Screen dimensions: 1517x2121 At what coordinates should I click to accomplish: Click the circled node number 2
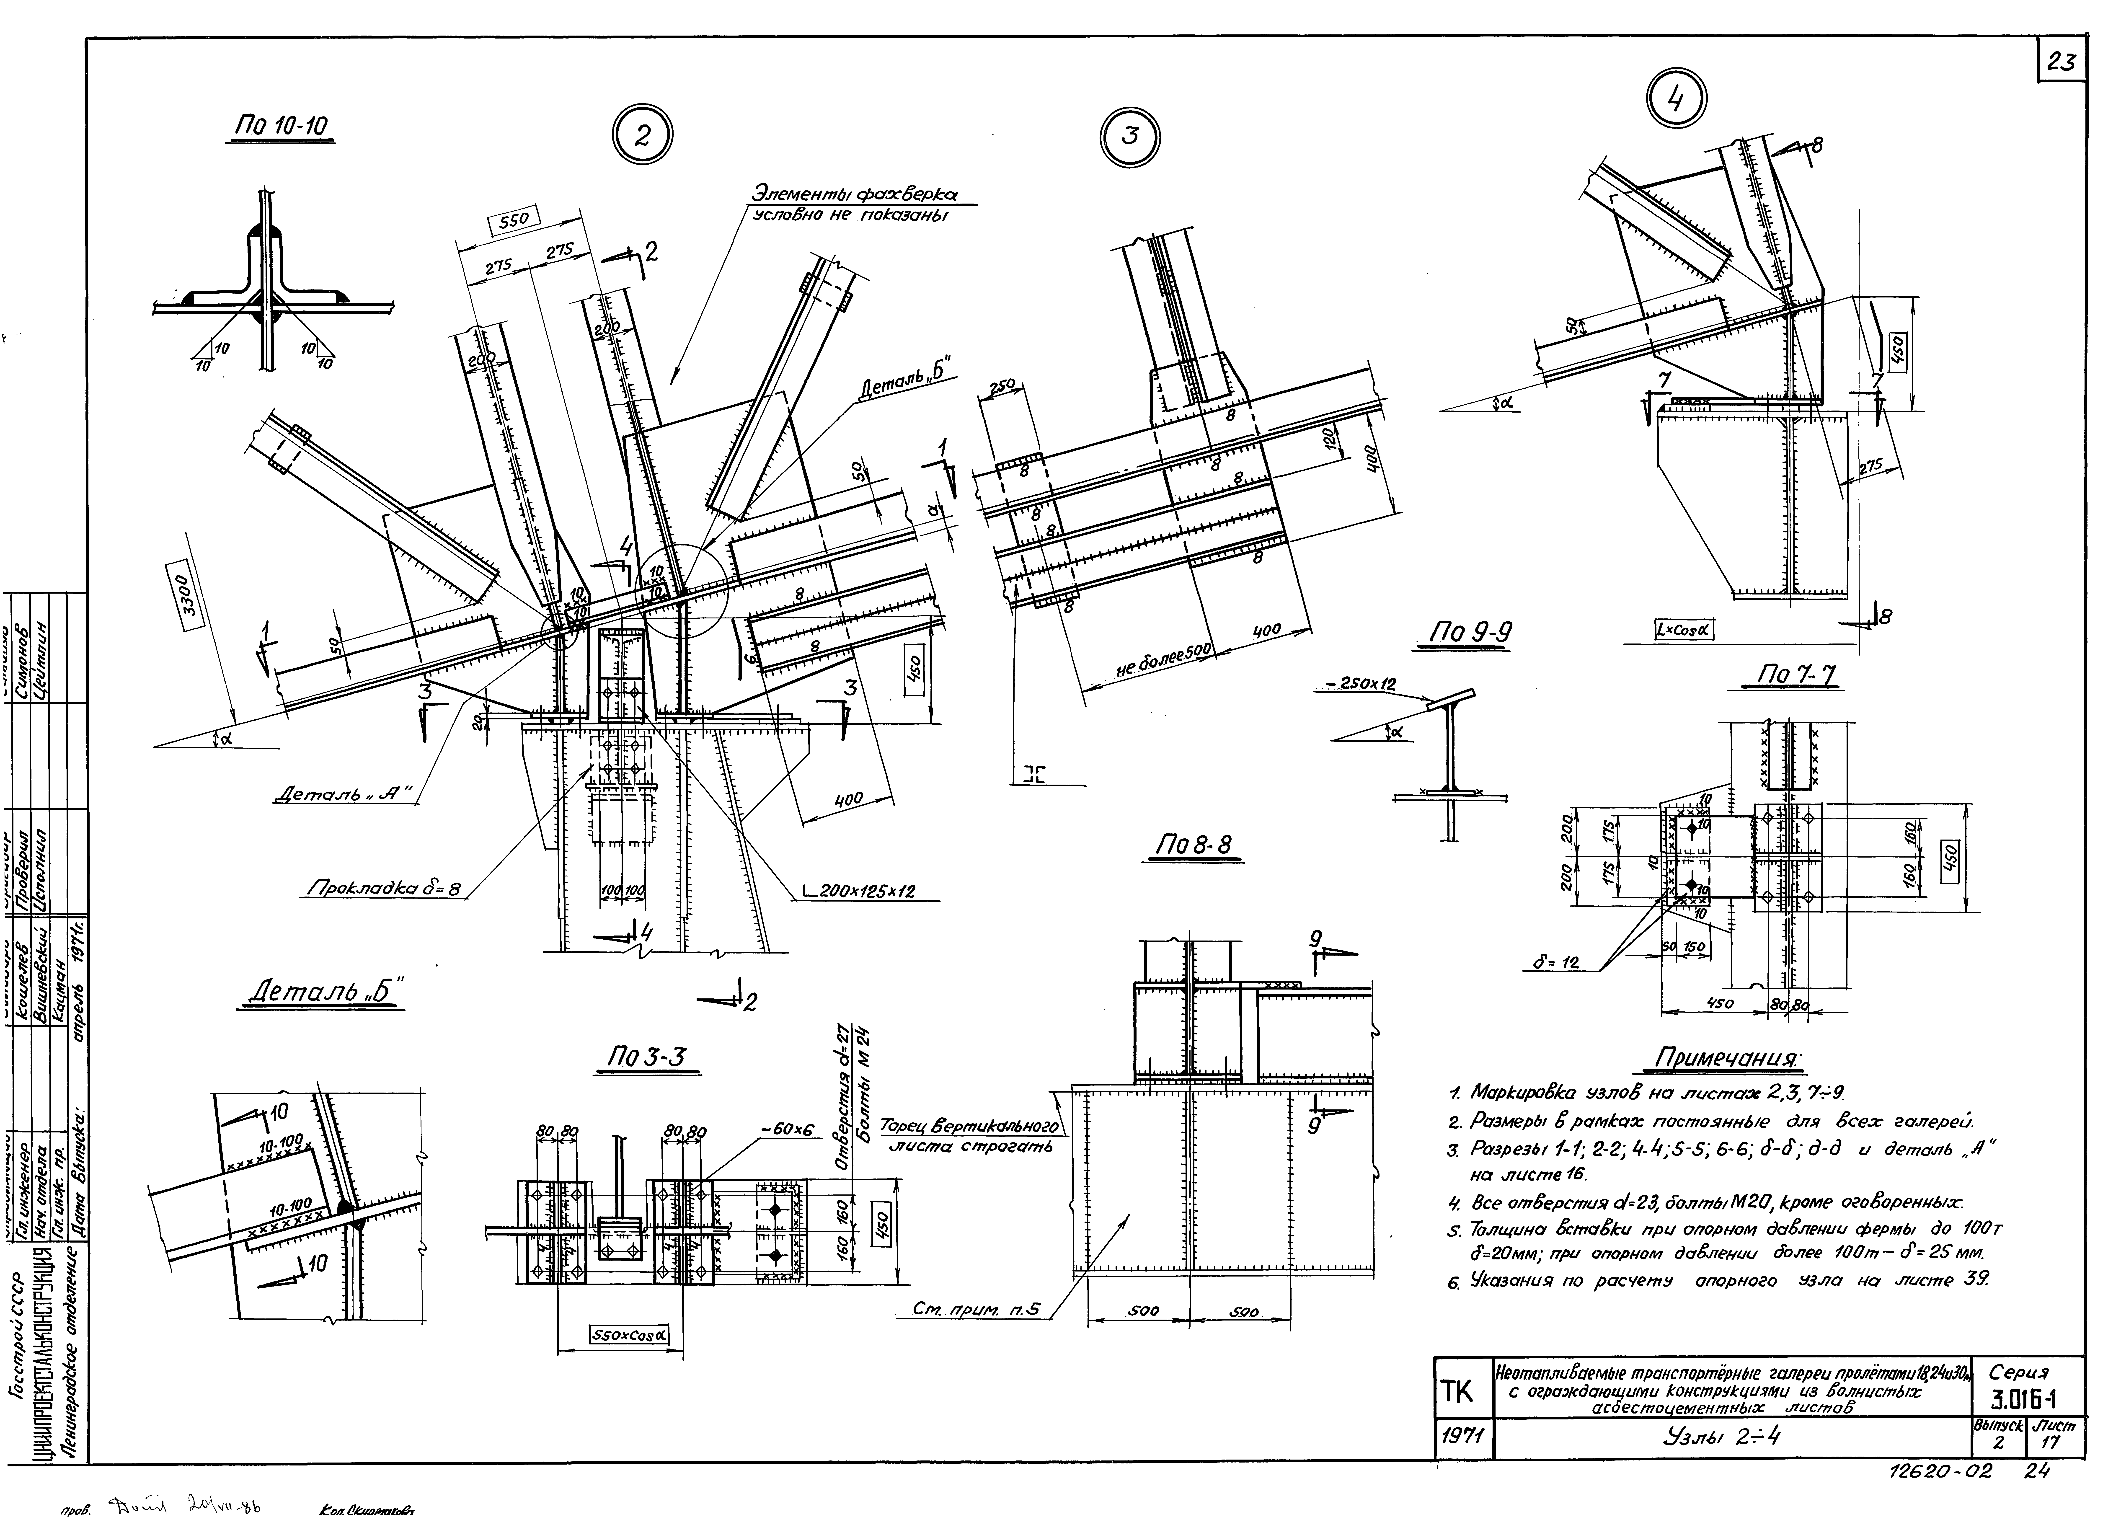click(642, 136)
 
